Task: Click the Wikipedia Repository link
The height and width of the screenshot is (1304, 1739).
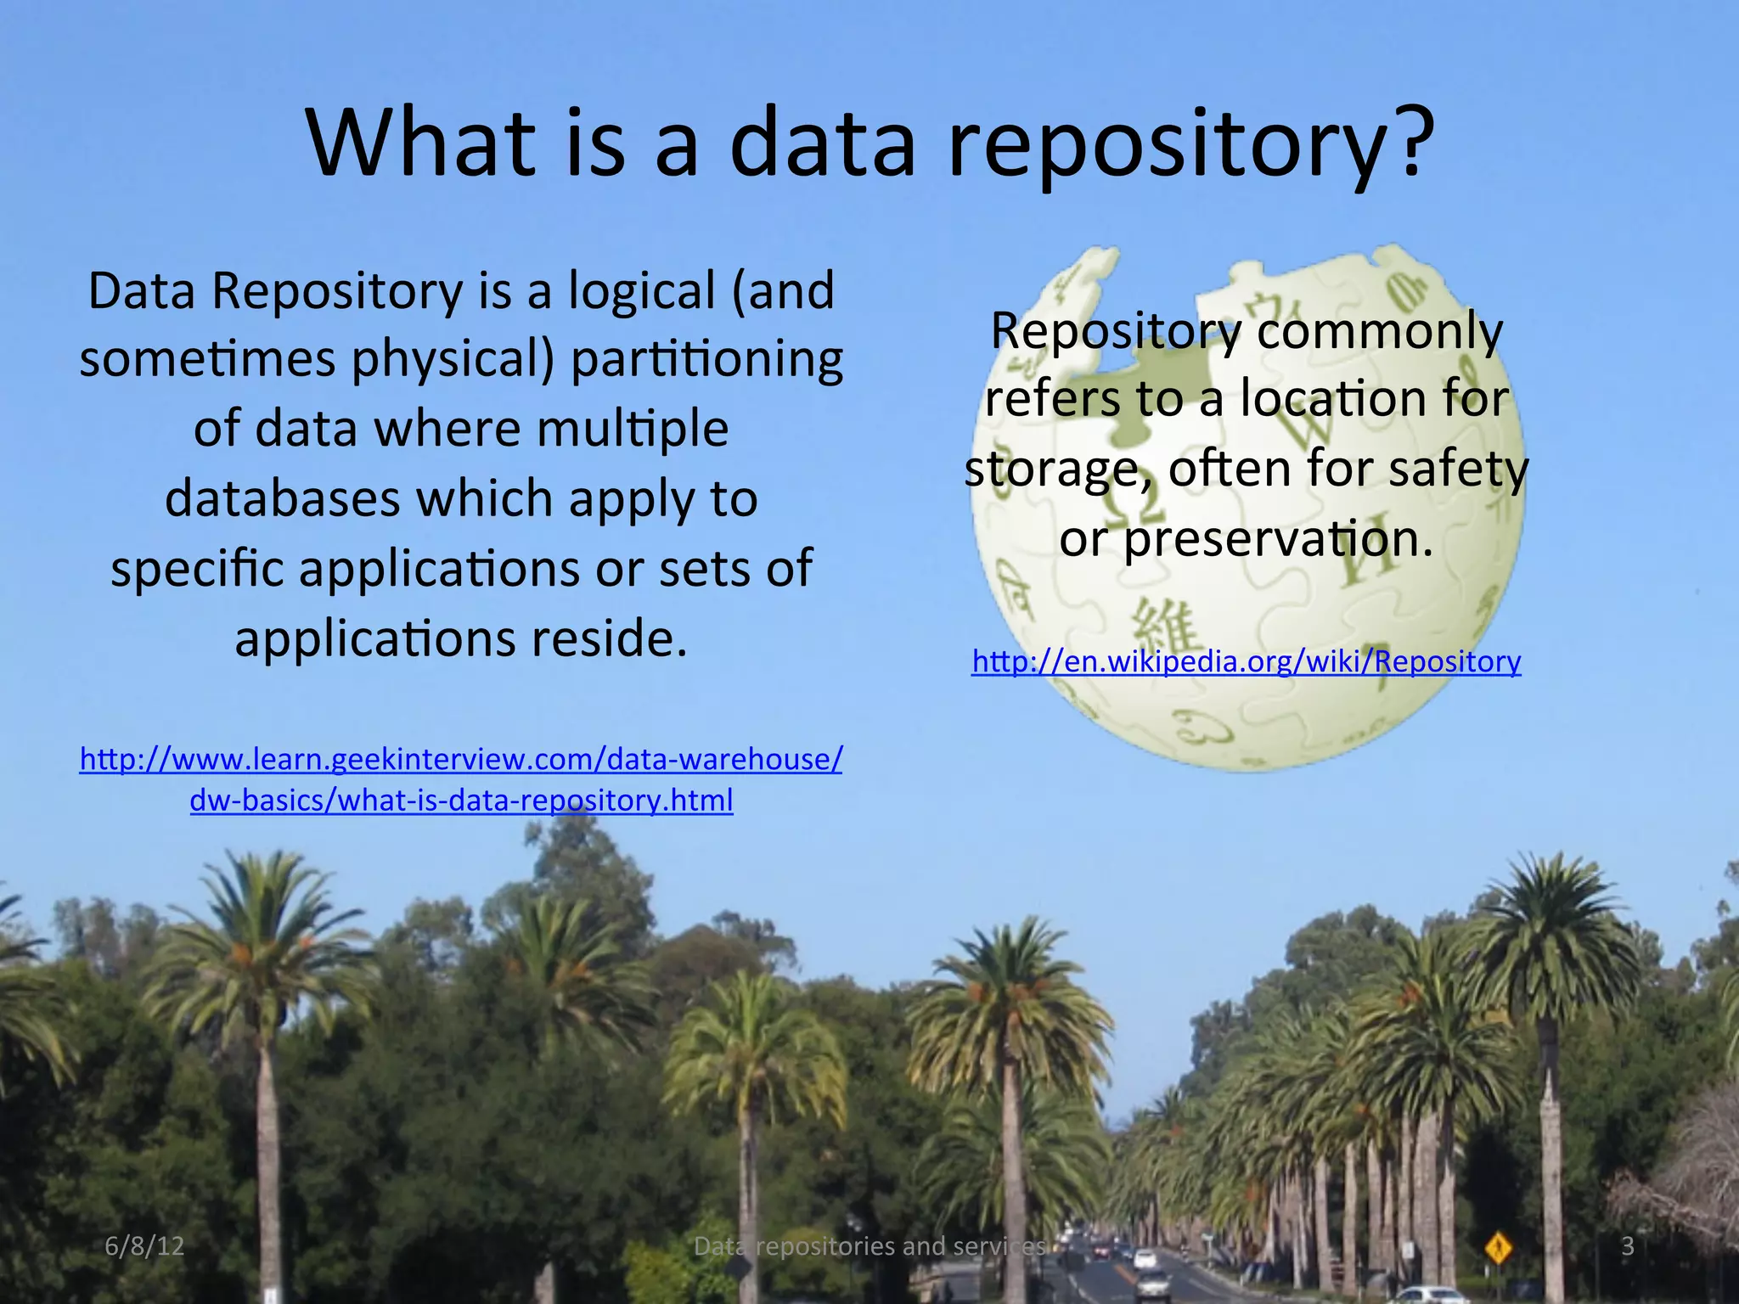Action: tap(1246, 661)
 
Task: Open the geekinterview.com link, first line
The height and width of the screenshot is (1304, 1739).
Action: tap(461, 759)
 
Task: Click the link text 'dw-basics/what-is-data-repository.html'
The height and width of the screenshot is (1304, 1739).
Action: tap(461, 801)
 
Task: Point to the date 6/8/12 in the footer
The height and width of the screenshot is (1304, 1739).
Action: tap(144, 1245)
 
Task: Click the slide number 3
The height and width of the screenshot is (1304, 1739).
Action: tap(1627, 1245)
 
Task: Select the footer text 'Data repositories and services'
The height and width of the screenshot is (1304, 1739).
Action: tap(869, 1245)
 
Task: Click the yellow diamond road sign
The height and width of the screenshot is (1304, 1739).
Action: tap(1498, 1248)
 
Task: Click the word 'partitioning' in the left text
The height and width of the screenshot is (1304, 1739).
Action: tap(706, 360)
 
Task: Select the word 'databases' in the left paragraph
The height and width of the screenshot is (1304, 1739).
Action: tap(282, 498)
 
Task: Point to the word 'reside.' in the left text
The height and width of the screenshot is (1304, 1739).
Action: tap(609, 638)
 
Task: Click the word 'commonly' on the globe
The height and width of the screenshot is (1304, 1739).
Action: tap(1379, 331)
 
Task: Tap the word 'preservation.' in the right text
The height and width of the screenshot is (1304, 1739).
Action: tap(1278, 539)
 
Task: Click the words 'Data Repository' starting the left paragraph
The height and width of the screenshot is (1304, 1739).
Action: tap(275, 291)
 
